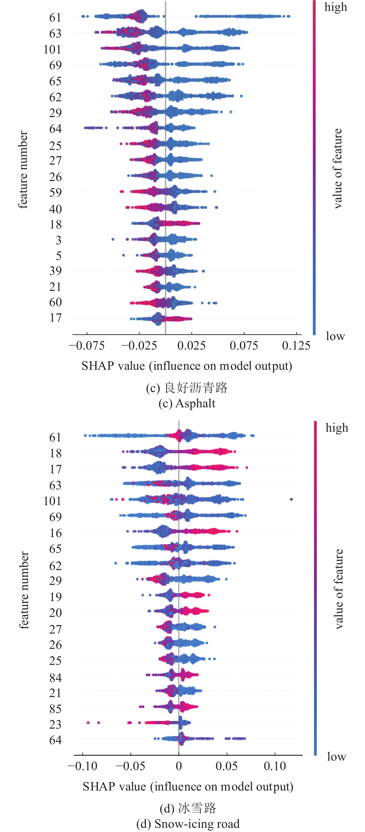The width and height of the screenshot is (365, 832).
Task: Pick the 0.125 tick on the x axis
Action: [296, 346]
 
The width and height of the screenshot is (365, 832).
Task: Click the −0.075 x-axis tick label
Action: [87, 346]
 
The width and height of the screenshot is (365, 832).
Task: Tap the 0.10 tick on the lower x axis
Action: [275, 766]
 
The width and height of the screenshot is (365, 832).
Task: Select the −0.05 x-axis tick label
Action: [130, 766]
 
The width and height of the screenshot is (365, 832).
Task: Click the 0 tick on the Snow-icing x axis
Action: [179, 766]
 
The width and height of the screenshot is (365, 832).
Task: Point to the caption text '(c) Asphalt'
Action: [187, 403]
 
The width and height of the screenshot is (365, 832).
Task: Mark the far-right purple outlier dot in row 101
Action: [291, 499]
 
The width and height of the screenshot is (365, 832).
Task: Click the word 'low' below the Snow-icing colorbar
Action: [336, 756]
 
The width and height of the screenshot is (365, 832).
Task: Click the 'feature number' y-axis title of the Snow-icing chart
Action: [24, 590]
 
